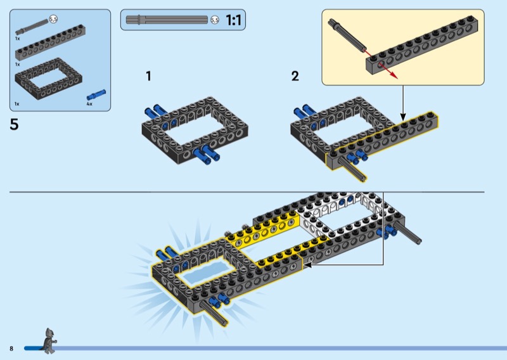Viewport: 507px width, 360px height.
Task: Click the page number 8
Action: (x=11, y=349)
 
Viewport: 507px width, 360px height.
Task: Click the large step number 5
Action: (x=14, y=124)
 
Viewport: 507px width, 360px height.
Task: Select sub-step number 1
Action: (x=148, y=76)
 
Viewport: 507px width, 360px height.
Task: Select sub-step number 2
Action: (x=295, y=76)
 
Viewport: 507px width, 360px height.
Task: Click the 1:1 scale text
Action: (x=233, y=20)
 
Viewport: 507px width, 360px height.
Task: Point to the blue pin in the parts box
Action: (x=96, y=95)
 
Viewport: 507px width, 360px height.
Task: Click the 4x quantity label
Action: (x=89, y=104)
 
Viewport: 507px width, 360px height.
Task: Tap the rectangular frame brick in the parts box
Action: (x=49, y=79)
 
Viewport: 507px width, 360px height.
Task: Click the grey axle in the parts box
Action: (x=32, y=27)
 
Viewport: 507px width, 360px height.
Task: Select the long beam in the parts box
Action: (x=50, y=42)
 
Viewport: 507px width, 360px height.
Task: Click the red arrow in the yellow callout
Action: (x=381, y=64)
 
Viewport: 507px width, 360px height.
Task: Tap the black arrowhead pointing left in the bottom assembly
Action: (x=307, y=265)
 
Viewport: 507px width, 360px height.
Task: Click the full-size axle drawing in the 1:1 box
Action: (x=167, y=20)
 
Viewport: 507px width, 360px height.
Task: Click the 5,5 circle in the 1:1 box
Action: (x=215, y=20)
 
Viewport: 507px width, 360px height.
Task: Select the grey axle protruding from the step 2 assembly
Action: (x=354, y=169)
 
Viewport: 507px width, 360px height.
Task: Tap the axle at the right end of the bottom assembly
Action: (x=409, y=232)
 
